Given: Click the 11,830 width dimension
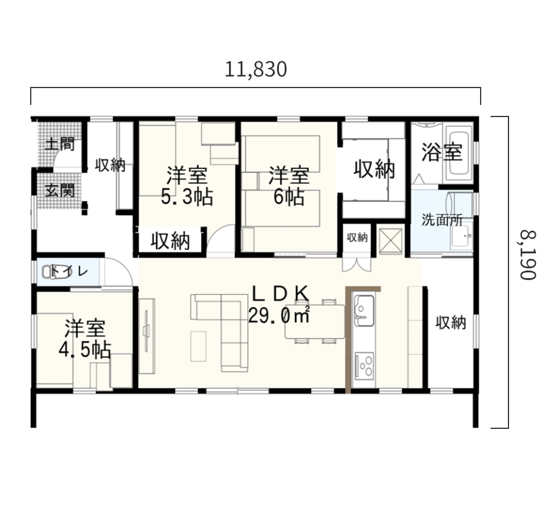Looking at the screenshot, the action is pyautogui.click(x=256, y=70).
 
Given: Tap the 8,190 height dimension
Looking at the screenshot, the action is pyautogui.click(x=528, y=254).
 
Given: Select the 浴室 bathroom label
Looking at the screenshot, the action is pyautogui.click(x=442, y=152).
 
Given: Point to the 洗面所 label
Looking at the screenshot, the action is pyautogui.click(x=442, y=220).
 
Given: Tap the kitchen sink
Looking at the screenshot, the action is pyautogui.click(x=364, y=310).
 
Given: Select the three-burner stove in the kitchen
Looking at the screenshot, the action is pyautogui.click(x=364, y=365).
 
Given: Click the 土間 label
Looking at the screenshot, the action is pyautogui.click(x=60, y=144).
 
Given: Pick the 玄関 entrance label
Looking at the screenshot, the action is pyautogui.click(x=60, y=191).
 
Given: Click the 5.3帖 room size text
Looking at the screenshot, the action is pyautogui.click(x=187, y=197).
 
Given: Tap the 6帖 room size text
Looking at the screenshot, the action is pyautogui.click(x=289, y=197).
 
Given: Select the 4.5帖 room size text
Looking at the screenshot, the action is pyautogui.click(x=85, y=350).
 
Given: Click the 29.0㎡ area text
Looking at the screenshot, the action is pyautogui.click(x=279, y=315).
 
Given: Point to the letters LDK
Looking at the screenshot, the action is pyautogui.click(x=280, y=294).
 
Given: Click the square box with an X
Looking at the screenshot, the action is pyautogui.click(x=390, y=240).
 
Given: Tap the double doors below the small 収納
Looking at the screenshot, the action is pyautogui.click(x=357, y=264).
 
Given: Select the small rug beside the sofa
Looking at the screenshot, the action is pyautogui.click(x=198, y=347).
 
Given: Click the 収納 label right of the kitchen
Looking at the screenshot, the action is pyautogui.click(x=451, y=323).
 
